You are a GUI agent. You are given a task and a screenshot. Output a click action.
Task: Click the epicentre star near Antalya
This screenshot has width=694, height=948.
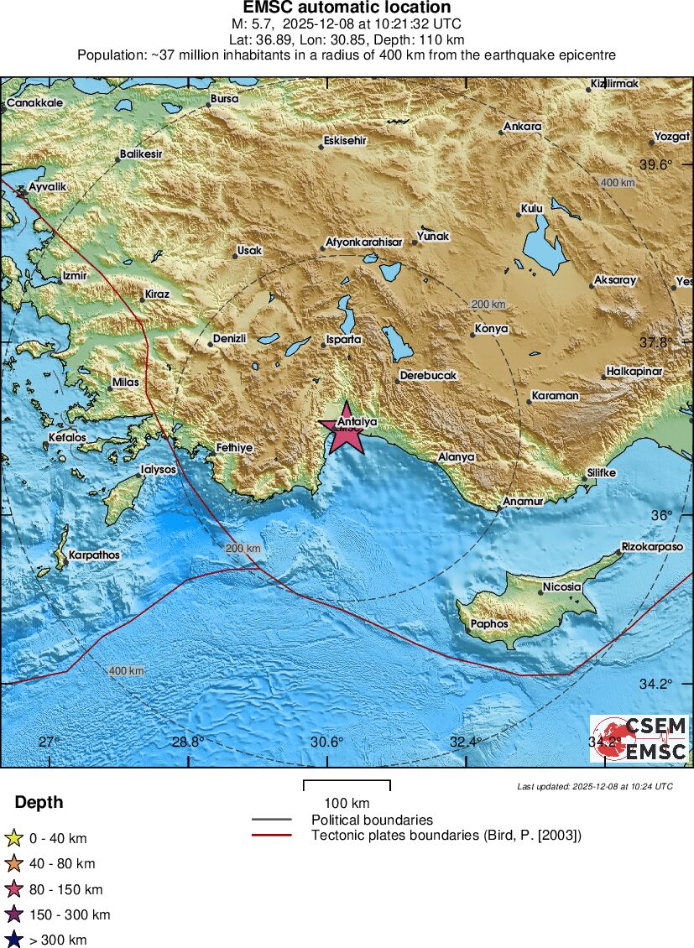coord(345,434)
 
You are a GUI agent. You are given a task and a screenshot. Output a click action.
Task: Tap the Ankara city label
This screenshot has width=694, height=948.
coord(522,128)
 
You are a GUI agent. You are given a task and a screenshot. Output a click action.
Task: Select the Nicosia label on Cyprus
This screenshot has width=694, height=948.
coord(561,587)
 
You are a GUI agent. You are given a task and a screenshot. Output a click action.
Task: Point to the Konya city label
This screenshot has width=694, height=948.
coord(491,329)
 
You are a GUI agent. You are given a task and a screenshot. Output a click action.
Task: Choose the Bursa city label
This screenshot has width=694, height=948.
coord(224,99)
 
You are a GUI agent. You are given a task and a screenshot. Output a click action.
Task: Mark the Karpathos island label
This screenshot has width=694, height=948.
coord(94,555)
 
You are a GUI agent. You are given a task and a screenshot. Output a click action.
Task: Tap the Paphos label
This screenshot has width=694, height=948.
coord(489,624)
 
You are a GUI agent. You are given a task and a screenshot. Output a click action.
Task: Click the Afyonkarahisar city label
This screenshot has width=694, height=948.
coord(365,242)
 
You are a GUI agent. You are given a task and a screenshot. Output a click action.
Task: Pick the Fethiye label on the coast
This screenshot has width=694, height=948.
coord(234,448)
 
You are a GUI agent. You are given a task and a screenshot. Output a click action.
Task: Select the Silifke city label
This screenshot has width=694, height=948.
coord(601,473)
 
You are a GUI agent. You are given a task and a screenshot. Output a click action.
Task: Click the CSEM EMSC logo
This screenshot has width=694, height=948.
coord(639,738)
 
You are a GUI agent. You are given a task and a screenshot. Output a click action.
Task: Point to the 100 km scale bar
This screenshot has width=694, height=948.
coord(347,785)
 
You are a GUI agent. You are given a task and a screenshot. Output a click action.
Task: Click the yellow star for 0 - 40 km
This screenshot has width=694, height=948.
coord(13,837)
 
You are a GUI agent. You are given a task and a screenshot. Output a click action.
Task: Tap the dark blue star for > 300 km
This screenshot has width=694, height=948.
coord(13,940)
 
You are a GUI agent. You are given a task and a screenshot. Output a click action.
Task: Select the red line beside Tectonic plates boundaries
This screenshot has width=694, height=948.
coord(271,835)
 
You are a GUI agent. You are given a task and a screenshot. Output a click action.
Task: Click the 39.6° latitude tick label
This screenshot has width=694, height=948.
coord(656,164)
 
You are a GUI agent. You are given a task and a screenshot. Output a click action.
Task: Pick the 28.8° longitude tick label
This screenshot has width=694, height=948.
coord(187,742)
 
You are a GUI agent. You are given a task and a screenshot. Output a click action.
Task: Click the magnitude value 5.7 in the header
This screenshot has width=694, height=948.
coord(264,23)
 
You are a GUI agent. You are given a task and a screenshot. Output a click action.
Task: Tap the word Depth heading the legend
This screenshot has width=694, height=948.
coord(39,803)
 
